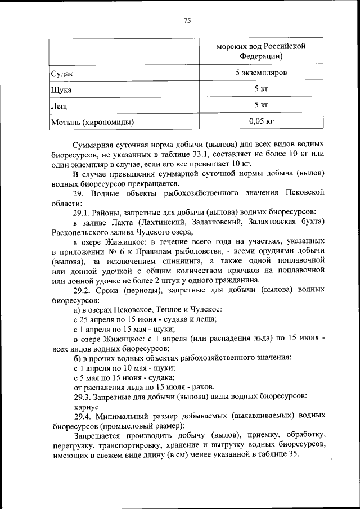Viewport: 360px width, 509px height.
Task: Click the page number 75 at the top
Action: pyautogui.click(x=187, y=21)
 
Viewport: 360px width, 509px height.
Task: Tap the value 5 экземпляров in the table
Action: pyautogui.click(x=261, y=73)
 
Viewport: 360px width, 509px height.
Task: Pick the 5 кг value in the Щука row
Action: pyautogui.click(x=261, y=89)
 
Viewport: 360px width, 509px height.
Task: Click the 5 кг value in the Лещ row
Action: pyautogui.click(x=261, y=105)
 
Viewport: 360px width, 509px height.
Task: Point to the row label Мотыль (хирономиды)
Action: pyautogui.click(x=93, y=121)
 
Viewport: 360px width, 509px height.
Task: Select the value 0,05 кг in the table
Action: pyautogui.click(x=261, y=120)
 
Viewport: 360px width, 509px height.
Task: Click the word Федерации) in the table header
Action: pyautogui.click(x=260, y=56)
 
